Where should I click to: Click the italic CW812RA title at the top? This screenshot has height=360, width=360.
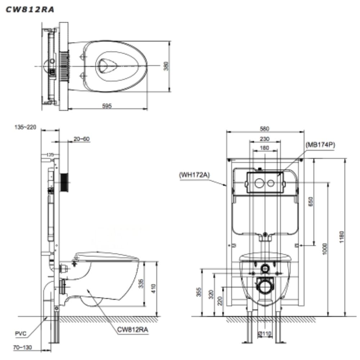[x=30, y=10]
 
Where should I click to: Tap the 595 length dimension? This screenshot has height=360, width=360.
[x=107, y=106]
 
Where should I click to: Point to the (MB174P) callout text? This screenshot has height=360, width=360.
[x=320, y=145]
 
